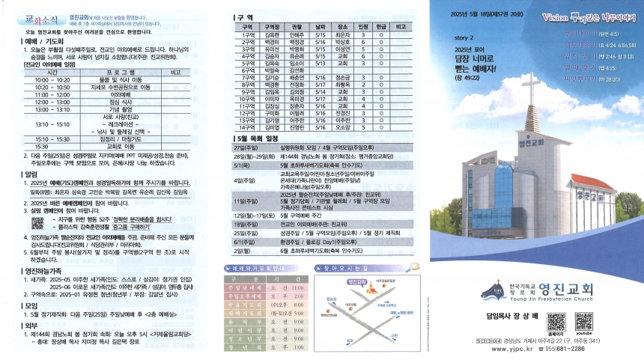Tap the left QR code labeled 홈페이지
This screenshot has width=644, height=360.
coord(556,322)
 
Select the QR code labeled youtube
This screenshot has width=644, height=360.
coord(585,322)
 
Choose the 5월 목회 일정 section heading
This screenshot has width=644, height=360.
coord(258,138)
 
